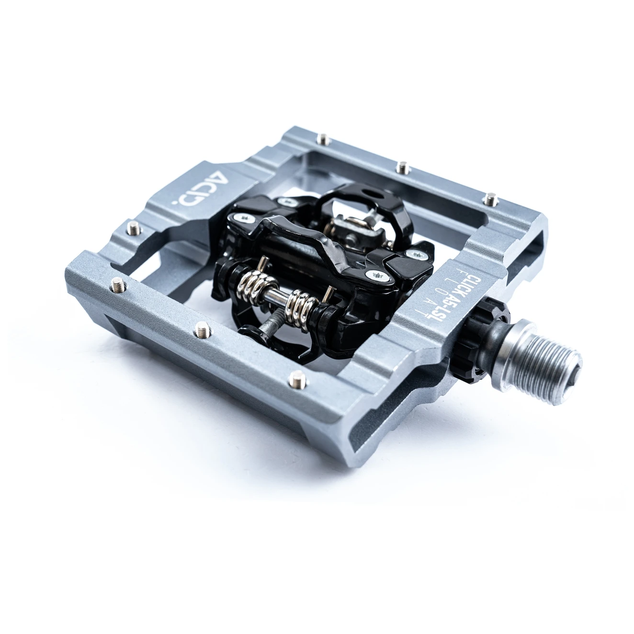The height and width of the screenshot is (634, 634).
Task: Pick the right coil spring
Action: (x=302, y=305)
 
